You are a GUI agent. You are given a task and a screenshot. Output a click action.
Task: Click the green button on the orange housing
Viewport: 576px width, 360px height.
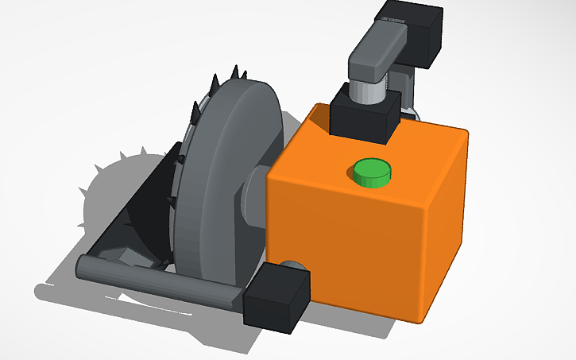[x=372, y=172]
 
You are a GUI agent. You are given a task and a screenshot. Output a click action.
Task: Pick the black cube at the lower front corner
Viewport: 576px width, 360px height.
[x=276, y=297]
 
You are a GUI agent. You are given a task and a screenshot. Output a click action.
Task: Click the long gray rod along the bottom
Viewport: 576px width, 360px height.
[x=159, y=281]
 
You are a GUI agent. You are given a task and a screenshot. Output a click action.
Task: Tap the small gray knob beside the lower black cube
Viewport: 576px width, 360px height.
[x=295, y=266]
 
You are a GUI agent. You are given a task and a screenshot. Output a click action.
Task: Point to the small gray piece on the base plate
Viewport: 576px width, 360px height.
[x=127, y=256]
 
